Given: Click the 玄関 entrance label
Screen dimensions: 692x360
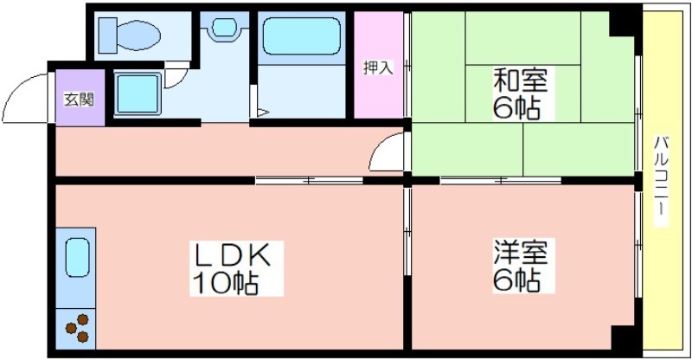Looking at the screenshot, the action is (80, 100).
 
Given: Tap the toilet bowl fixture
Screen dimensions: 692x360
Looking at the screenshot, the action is (138, 35).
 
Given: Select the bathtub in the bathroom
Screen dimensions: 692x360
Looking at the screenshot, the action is (302, 35).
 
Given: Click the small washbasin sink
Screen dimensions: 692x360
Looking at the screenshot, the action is (224, 28).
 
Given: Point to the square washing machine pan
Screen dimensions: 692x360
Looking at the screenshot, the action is (138, 93).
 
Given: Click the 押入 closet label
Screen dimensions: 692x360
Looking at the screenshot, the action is (378, 67).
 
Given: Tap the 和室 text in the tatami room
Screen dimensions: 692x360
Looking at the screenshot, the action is (521, 80).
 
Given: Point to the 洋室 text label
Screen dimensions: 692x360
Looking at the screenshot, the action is (521, 251).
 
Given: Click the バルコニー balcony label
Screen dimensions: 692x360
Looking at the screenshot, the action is (661, 181).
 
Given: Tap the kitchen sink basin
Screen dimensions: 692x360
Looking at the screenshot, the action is (78, 257).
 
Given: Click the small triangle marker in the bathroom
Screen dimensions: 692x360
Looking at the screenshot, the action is (262, 112).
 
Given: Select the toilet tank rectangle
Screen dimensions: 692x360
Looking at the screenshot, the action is (107, 35).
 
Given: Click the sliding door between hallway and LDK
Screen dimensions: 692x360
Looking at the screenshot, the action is (309, 180).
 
